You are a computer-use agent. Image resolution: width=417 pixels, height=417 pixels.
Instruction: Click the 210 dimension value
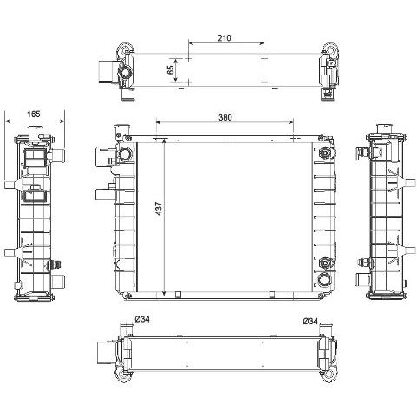[225, 38]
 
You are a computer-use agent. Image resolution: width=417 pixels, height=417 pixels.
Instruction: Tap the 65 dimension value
[171, 69]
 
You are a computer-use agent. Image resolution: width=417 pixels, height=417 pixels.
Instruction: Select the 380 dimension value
[225, 117]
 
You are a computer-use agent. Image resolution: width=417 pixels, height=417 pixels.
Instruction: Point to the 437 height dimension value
[159, 209]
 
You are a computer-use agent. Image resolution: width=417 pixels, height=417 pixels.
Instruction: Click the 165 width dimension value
[34, 114]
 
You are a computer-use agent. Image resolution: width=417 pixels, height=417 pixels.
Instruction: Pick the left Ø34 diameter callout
[142, 319]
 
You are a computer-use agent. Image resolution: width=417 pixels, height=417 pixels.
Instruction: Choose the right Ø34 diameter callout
[310, 321]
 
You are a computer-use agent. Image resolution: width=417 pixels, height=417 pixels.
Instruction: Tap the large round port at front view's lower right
[324, 279]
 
